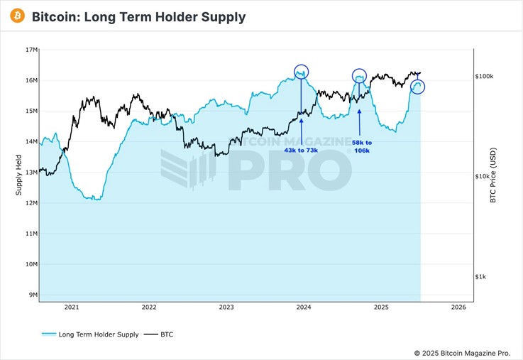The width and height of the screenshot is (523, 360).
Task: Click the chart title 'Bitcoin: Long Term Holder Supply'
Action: pyautogui.click(x=139, y=16)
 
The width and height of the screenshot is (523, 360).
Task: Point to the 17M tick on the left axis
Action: pyautogui.click(x=31, y=50)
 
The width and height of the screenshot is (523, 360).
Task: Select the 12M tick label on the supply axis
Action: pyautogui.click(x=31, y=203)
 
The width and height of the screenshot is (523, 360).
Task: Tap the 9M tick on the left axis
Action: pyautogui.click(x=33, y=295)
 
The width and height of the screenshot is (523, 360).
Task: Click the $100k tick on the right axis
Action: pyautogui.click(x=489, y=76)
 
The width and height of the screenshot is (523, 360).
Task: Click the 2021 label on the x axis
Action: pyautogui.click(x=71, y=307)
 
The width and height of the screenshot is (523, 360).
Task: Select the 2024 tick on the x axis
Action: pyautogui.click(x=304, y=307)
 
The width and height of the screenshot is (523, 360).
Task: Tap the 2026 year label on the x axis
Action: pyautogui.click(x=458, y=307)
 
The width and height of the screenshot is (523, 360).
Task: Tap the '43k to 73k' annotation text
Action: pyautogui.click(x=302, y=151)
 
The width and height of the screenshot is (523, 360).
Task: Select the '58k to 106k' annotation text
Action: pyautogui.click(x=362, y=146)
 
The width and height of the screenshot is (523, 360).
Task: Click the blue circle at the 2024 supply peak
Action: pyautogui.click(x=302, y=72)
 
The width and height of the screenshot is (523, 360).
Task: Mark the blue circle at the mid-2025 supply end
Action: pyautogui.click(x=417, y=87)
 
